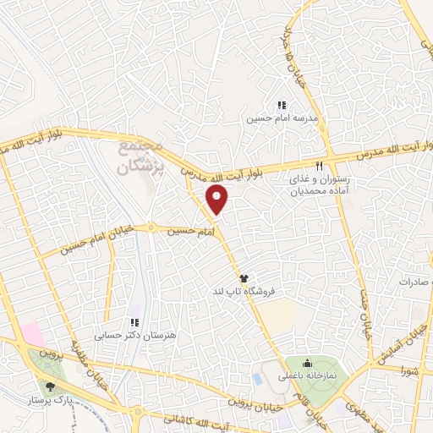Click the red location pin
point(218,200)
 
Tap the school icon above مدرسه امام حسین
point(280,106)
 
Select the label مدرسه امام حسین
point(281,119)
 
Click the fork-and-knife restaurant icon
point(319,166)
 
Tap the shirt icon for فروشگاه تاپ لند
point(244,277)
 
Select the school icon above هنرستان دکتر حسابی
point(134,322)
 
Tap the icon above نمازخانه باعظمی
point(307,364)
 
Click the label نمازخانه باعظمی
point(309,375)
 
